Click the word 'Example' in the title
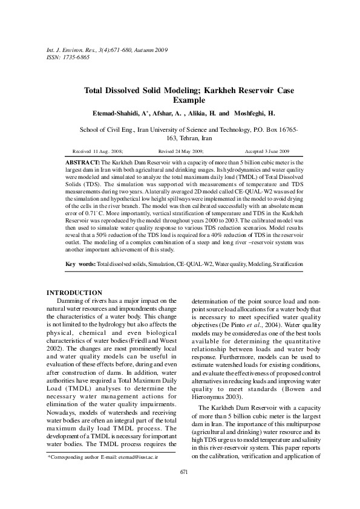click(x=189, y=100)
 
